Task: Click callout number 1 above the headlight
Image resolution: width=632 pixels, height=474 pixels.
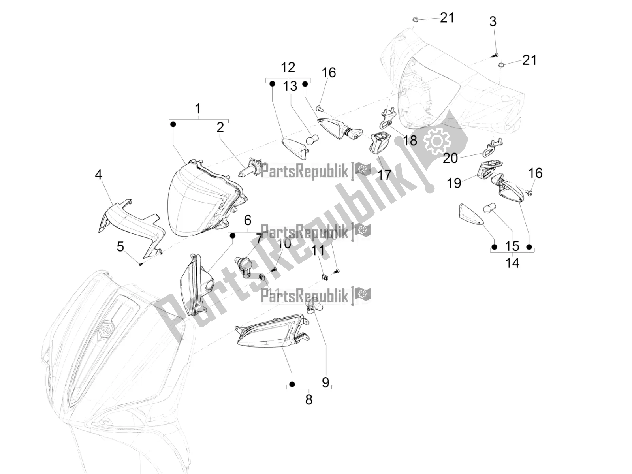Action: click(198, 109)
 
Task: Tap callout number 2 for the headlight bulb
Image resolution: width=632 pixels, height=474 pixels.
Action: click(220, 127)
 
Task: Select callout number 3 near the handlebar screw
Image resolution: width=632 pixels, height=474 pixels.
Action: click(493, 22)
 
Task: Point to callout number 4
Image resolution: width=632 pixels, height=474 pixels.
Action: click(98, 174)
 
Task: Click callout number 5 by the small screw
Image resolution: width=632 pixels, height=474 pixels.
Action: click(120, 247)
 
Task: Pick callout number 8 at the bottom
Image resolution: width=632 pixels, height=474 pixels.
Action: click(309, 399)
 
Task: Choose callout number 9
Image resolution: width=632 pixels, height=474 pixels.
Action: click(325, 382)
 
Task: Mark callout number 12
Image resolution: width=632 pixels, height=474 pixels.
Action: click(288, 67)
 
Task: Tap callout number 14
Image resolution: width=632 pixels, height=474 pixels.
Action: click(512, 263)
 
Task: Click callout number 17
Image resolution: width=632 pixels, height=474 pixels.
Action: click(384, 174)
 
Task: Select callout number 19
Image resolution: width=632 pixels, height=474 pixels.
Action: click(454, 183)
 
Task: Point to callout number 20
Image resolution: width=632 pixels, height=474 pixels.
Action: click(450, 158)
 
